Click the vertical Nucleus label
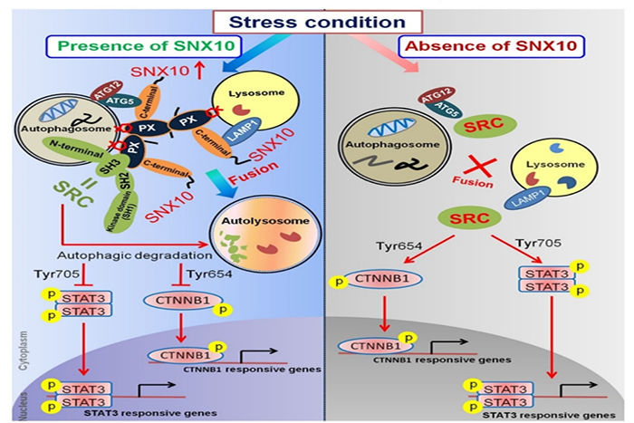(x=9, y=393)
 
